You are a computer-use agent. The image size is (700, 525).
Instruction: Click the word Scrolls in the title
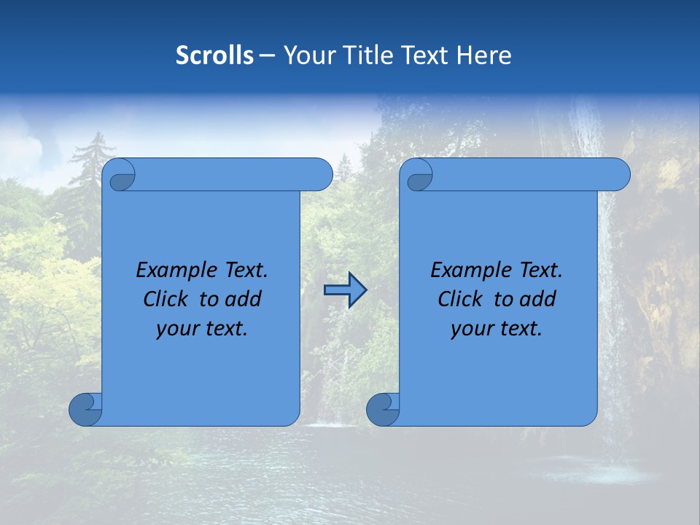click(x=215, y=55)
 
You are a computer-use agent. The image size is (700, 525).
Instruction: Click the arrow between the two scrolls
click(x=345, y=290)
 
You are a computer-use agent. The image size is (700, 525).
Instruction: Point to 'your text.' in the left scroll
click(x=202, y=329)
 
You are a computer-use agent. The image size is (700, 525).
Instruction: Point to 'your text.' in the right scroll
click(x=497, y=329)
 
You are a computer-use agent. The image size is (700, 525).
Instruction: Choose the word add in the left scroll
click(x=243, y=299)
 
